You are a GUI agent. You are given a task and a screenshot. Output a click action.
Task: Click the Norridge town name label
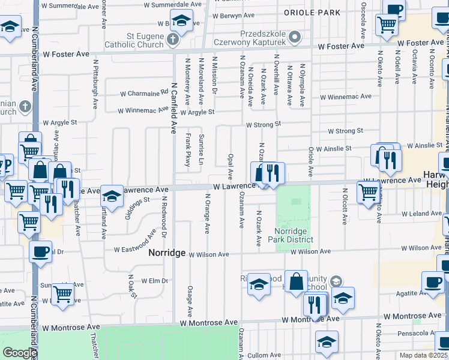(167, 253)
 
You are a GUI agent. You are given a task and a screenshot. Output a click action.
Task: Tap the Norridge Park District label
(294, 235)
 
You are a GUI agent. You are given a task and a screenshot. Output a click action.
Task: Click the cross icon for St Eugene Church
(173, 40)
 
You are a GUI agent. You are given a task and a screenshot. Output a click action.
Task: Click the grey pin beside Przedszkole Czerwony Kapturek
(294, 38)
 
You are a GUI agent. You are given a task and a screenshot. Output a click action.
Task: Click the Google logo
(20, 353)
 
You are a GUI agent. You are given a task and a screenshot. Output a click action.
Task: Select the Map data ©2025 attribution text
(423, 355)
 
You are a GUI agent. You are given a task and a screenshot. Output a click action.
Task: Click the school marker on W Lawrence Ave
(112, 195)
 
